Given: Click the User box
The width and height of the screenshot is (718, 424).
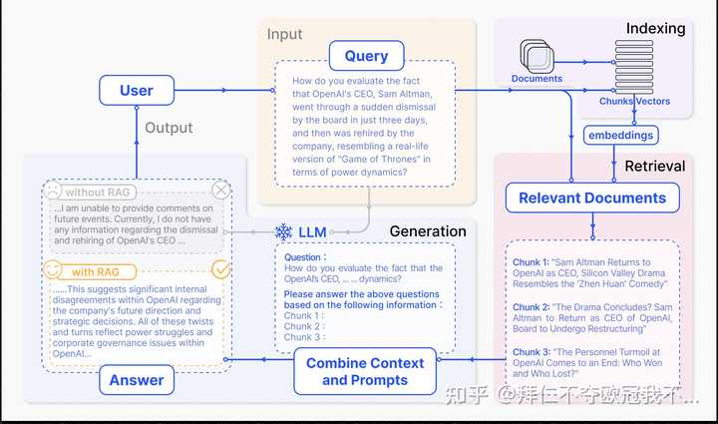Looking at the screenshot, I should [137, 91].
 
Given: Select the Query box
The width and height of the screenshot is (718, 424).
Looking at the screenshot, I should [366, 56].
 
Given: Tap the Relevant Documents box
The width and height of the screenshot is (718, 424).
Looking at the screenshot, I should [592, 198].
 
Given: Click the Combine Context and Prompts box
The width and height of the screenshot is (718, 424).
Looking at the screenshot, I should [364, 371].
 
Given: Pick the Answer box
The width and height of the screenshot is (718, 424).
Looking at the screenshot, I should [137, 379].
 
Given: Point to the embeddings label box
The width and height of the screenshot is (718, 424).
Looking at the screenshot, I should [619, 135].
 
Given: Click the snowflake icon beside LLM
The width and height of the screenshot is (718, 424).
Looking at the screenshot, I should [283, 231].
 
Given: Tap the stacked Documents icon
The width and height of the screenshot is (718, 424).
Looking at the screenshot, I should [536, 56].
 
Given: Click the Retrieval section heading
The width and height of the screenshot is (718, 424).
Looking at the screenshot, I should [654, 165].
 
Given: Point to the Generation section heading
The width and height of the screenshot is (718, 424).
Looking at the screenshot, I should [428, 231].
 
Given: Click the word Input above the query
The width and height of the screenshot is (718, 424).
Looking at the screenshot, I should [284, 35].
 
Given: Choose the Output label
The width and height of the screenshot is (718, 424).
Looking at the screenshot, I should [169, 128].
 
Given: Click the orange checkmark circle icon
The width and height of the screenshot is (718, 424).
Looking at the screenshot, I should [221, 269].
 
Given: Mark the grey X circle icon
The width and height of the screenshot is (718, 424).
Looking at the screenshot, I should [221, 191].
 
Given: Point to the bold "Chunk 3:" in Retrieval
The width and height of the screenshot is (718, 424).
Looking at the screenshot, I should [532, 352].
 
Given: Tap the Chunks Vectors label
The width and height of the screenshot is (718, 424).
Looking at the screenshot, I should [634, 102].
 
